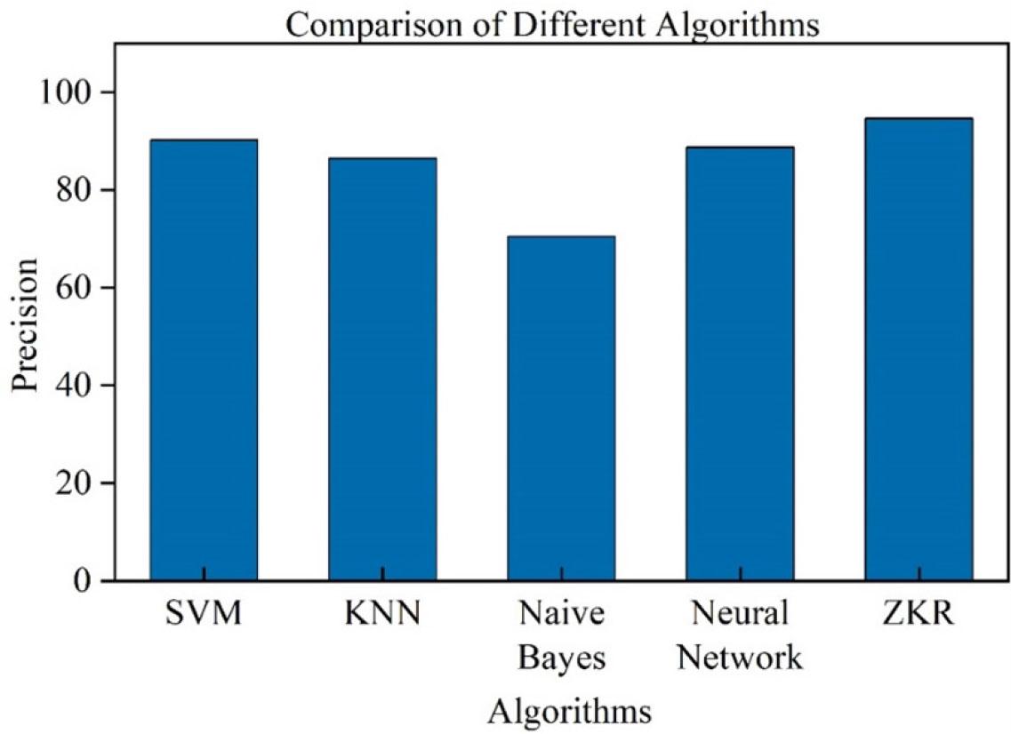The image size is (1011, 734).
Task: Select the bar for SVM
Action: click(x=204, y=360)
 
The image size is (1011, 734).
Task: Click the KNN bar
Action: click(x=382, y=369)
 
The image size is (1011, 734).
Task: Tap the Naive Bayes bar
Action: click(x=561, y=408)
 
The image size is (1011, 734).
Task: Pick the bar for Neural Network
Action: click(x=740, y=363)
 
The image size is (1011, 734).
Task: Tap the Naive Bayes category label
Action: click(x=561, y=635)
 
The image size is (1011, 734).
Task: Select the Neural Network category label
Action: click(x=740, y=635)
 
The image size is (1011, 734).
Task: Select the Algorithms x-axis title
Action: click(x=570, y=712)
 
